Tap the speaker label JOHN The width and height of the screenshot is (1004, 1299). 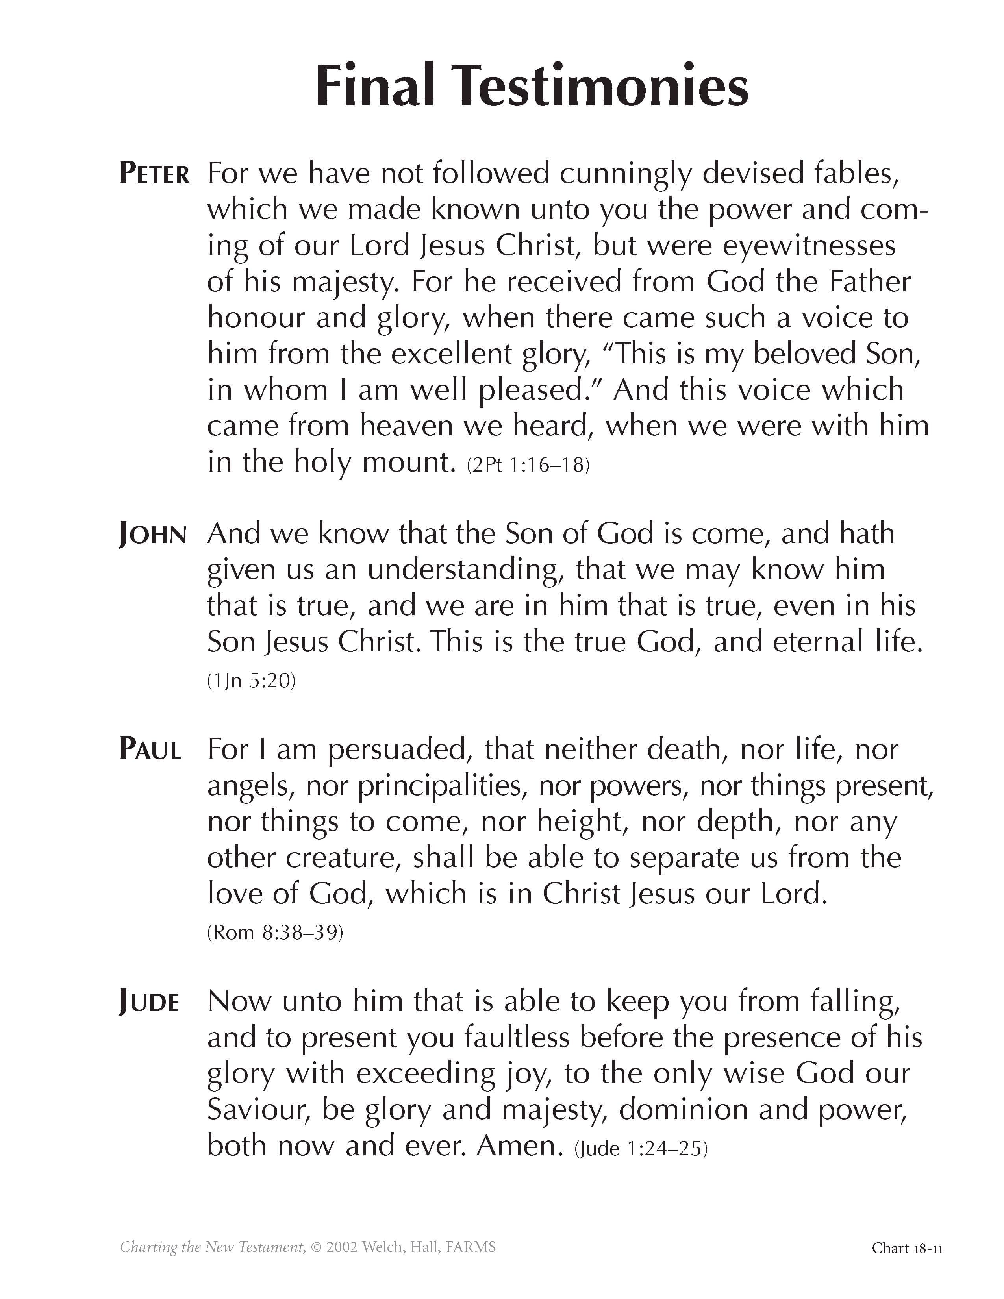153,534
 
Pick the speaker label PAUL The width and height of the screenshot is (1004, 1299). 150,749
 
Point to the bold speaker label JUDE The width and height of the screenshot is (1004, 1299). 149,1002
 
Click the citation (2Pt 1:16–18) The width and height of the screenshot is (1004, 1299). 528,464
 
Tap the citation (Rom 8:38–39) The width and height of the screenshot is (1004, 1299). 275,932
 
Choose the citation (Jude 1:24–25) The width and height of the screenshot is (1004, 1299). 641,1148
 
